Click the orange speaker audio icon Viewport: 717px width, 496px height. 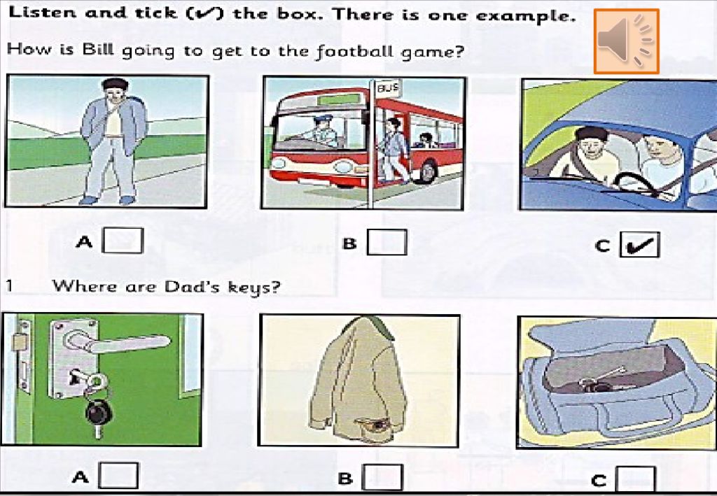(x=627, y=41)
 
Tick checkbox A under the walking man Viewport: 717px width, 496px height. (x=123, y=240)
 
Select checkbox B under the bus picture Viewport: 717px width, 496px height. (x=387, y=242)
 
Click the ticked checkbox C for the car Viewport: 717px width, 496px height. (x=640, y=245)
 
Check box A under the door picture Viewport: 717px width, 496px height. (x=118, y=476)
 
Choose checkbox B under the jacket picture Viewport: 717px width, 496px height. (x=382, y=477)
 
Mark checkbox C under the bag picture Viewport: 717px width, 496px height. (x=636, y=479)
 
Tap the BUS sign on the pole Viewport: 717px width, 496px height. (x=387, y=88)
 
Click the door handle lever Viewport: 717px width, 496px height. (x=118, y=340)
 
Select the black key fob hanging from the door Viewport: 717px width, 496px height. (x=98, y=413)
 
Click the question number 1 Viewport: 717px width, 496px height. (x=10, y=286)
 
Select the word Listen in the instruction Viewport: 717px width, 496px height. (x=42, y=13)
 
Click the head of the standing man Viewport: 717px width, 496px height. (x=115, y=90)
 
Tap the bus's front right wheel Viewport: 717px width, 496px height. (x=426, y=171)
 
